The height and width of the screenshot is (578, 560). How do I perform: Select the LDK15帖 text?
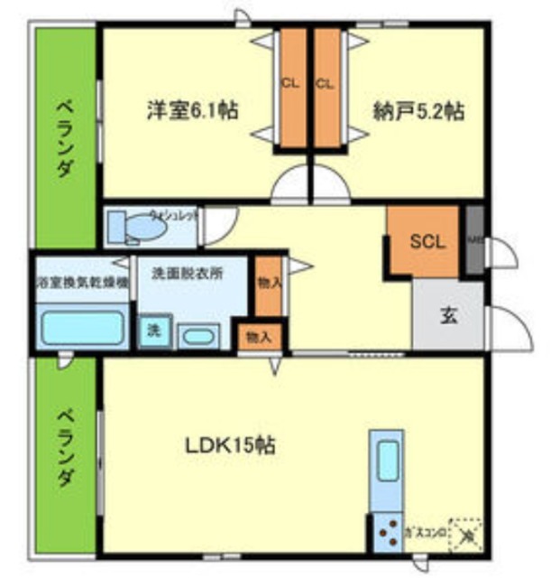(x=230, y=445)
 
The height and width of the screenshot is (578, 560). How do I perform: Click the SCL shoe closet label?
(x=427, y=241)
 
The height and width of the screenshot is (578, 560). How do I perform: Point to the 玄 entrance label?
(x=448, y=316)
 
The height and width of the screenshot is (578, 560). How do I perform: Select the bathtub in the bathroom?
(x=81, y=327)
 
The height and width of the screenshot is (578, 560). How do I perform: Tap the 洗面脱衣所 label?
(x=187, y=272)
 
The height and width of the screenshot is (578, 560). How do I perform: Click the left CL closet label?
(x=289, y=84)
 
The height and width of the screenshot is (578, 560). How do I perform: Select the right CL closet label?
(x=326, y=84)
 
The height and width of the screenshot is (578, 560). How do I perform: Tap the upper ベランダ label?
(x=66, y=136)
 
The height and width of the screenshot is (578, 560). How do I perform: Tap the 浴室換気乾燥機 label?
(x=81, y=283)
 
